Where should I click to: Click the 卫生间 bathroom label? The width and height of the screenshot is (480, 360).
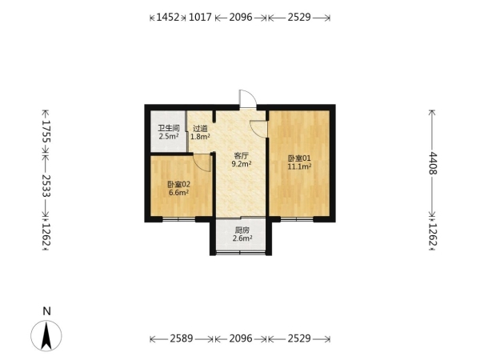click(168, 128)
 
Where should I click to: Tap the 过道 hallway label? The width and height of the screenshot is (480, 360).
click(200, 129)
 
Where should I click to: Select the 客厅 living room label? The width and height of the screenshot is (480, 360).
click(242, 156)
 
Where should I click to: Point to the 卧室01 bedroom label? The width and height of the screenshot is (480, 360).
click(299, 158)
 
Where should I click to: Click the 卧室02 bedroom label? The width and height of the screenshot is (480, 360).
click(178, 184)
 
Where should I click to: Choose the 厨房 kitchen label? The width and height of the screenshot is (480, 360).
click(242, 230)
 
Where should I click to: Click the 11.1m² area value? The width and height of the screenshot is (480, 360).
click(299, 166)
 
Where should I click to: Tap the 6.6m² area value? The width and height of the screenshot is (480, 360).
click(178, 193)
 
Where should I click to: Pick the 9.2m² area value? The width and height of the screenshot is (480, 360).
click(242, 164)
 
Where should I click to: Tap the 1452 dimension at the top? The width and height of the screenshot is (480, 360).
click(167, 17)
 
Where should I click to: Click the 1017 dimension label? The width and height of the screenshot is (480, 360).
click(200, 17)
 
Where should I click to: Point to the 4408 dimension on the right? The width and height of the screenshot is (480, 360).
click(432, 163)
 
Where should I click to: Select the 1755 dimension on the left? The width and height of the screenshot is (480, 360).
click(46, 131)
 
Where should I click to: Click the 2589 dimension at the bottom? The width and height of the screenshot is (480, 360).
click(182, 338)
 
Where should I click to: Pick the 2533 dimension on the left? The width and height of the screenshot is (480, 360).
click(46, 186)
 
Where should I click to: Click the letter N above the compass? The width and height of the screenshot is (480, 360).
click(46, 311)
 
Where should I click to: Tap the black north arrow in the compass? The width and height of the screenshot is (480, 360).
click(46, 337)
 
